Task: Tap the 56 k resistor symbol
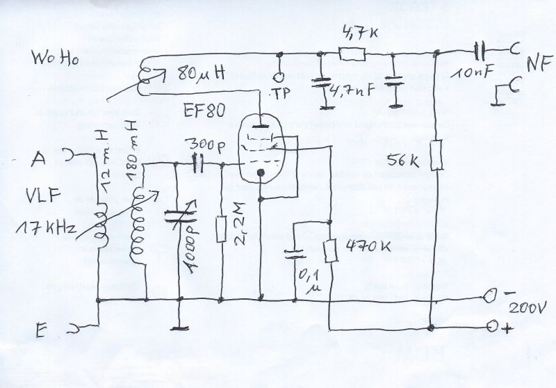click(x=436, y=155)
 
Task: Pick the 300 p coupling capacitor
click(x=199, y=165)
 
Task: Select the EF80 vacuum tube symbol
click(x=261, y=149)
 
